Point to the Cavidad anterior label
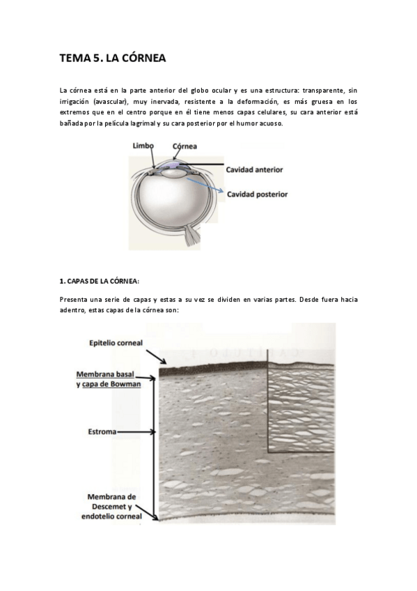[x=254, y=169]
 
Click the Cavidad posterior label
[x=256, y=194]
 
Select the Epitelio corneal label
[x=116, y=342]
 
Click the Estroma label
[x=101, y=431]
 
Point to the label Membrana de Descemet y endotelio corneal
[x=112, y=506]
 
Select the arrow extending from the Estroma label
[x=139, y=431]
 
